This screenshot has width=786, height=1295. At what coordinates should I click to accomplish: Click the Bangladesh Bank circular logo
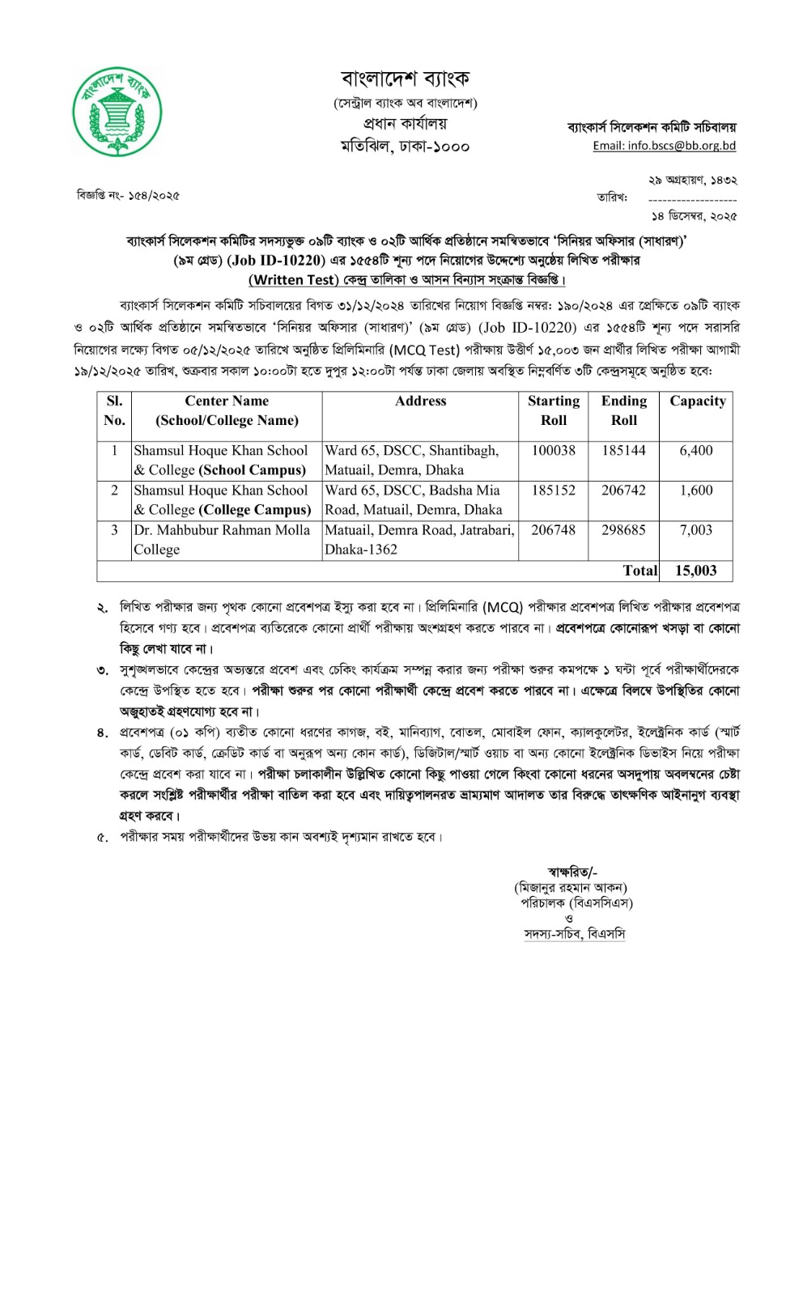pyautogui.click(x=117, y=110)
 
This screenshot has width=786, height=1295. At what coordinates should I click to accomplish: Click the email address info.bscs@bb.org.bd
pyautogui.click(x=664, y=146)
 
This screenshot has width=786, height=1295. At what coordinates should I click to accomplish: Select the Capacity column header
pyautogui.click(x=697, y=401)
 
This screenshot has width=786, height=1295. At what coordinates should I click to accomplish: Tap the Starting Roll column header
pyautogui.click(x=554, y=410)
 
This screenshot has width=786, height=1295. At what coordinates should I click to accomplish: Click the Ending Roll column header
pyautogui.click(x=623, y=410)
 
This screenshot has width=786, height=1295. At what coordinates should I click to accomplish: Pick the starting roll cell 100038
pyautogui.click(x=554, y=451)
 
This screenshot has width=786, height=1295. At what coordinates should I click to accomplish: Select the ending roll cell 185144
pyautogui.click(x=623, y=451)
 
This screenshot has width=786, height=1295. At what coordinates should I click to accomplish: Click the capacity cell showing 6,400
pyautogui.click(x=696, y=451)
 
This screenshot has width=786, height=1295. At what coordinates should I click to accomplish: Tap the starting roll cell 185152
pyautogui.click(x=554, y=490)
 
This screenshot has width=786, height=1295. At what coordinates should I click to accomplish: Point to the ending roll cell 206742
pyautogui.click(x=623, y=490)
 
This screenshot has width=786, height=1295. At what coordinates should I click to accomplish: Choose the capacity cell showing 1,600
pyautogui.click(x=696, y=490)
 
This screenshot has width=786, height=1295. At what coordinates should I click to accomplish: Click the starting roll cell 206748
pyautogui.click(x=554, y=530)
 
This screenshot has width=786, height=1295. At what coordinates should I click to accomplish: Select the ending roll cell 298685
pyautogui.click(x=623, y=530)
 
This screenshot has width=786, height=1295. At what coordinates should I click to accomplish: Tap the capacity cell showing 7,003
pyautogui.click(x=696, y=530)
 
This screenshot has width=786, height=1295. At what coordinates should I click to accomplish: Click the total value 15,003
pyautogui.click(x=696, y=571)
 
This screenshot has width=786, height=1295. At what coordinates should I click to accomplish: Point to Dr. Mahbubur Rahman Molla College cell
pyautogui.click(x=222, y=540)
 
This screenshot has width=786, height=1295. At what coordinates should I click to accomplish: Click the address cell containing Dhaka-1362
pyautogui.click(x=419, y=540)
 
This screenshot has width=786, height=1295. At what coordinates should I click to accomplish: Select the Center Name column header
pyautogui.click(x=227, y=410)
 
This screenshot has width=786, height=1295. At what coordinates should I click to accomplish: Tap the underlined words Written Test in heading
pyautogui.click(x=292, y=280)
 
